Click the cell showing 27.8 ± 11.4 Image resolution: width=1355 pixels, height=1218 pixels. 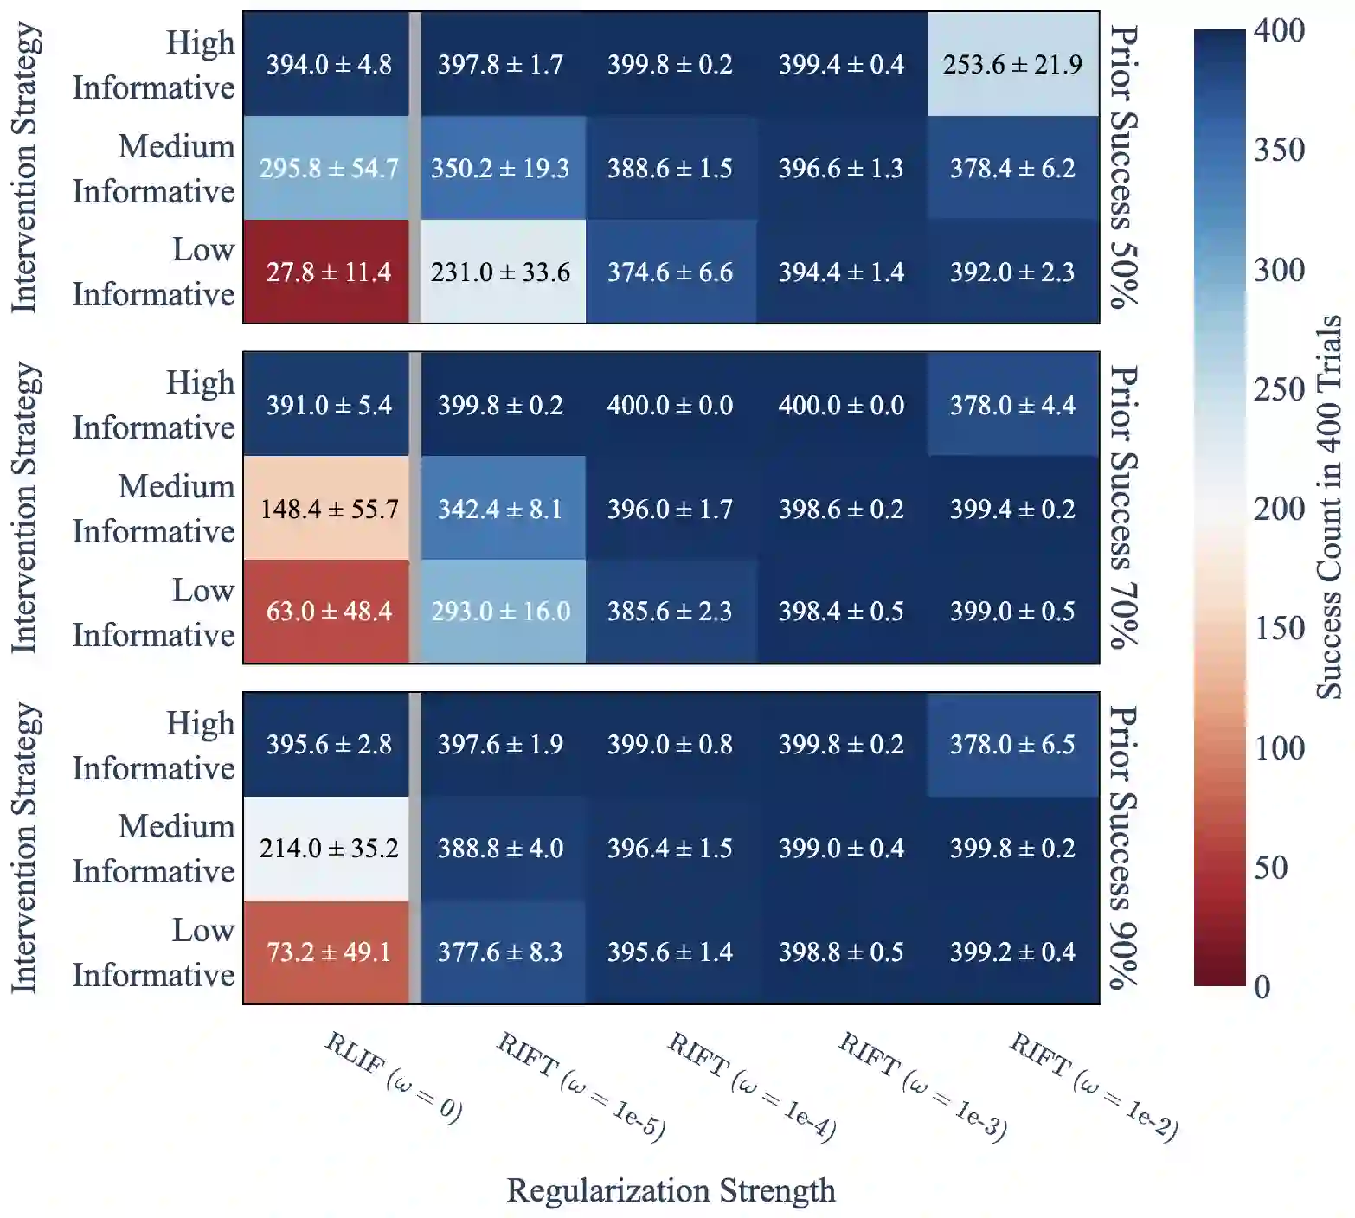point(328,272)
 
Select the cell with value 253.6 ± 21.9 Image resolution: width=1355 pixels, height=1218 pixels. point(1012,64)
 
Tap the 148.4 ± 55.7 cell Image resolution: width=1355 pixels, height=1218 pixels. point(328,509)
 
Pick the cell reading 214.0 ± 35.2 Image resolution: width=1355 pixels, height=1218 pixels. point(328,848)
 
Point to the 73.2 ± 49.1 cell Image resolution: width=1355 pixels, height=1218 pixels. point(328,952)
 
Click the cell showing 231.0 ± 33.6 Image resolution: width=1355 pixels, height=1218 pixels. point(500,272)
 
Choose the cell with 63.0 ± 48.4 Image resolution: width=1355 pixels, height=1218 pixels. point(328,612)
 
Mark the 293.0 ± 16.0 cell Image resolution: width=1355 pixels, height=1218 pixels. point(500,612)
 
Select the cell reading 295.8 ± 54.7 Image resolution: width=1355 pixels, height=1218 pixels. point(328,168)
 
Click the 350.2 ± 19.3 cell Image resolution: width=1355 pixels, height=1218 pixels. point(500,168)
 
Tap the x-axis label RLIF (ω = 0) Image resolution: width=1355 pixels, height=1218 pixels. point(394,1077)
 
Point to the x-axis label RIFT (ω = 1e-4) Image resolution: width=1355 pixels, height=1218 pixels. point(752,1086)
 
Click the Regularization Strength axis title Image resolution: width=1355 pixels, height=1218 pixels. point(671,1190)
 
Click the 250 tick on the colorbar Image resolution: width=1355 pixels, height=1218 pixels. point(1279,389)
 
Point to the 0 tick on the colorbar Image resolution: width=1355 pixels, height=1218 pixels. point(1262,986)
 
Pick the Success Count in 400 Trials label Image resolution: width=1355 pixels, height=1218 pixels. point(1328,507)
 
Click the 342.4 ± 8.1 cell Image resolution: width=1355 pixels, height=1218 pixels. point(500,509)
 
